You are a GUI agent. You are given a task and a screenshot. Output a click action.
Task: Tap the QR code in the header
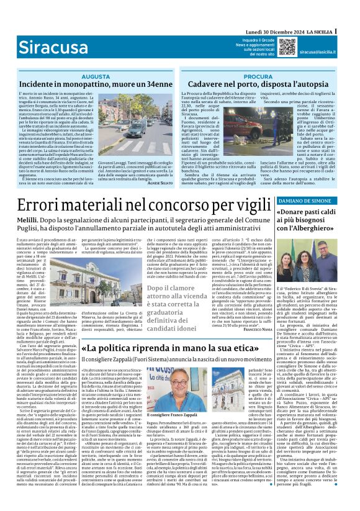[269, 46]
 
